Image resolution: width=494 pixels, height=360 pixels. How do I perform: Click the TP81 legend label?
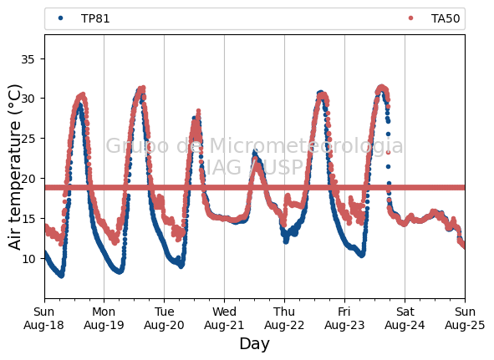(95, 19)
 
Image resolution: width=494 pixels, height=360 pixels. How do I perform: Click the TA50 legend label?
(446, 19)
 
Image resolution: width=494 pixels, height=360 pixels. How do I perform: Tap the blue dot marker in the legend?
(60, 18)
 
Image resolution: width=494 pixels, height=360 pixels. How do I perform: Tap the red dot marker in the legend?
(410, 18)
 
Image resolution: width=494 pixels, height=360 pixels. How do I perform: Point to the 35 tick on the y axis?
(28, 59)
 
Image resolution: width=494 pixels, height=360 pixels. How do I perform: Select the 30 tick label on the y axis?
(28, 99)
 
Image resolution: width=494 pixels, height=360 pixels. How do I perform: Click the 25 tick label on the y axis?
(28, 139)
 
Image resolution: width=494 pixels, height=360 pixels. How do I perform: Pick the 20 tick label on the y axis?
(28, 179)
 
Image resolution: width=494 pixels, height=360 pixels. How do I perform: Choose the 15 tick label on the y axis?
(28, 219)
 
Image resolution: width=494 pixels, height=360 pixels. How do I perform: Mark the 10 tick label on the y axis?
(28, 259)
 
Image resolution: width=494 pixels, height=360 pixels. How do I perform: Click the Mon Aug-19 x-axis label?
(104, 318)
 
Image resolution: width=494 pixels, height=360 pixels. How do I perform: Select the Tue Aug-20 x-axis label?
(164, 318)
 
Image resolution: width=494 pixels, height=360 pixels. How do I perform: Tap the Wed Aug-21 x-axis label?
(224, 318)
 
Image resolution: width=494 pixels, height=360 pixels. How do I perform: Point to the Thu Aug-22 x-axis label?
(284, 318)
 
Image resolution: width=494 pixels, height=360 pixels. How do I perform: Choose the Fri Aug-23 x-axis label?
(344, 318)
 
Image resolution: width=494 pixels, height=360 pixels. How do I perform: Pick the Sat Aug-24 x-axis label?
(405, 318)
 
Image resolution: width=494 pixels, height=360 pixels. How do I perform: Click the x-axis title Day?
(255, 344)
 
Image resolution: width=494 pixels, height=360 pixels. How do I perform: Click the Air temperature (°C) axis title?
(14, 167)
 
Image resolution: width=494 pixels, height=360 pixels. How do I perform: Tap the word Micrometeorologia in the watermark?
(306, 146)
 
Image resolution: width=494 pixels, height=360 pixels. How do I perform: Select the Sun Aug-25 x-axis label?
(465, 318)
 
